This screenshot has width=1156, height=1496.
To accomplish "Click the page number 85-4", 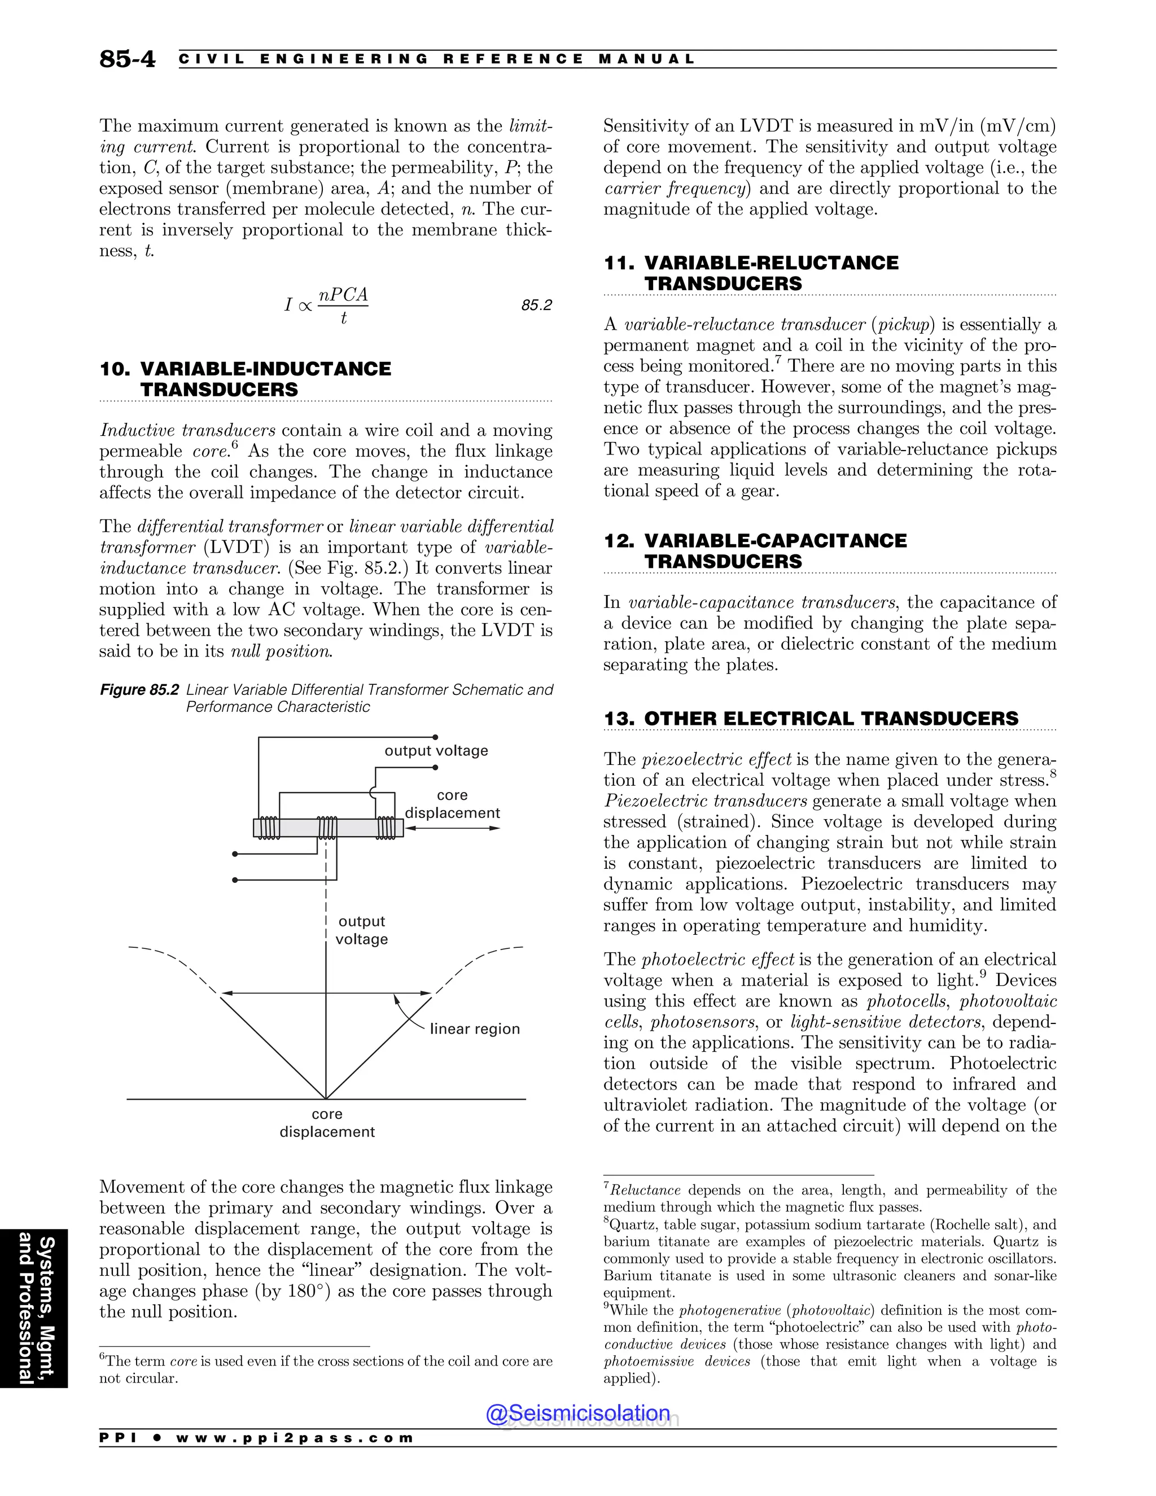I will click(x=128, y=59).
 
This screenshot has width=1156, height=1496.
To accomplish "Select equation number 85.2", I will click(x=536, y=305).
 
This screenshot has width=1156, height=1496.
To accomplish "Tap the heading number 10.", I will click(x=115, y=369).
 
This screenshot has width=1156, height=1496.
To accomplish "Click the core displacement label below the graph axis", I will click(x=327, y=1123).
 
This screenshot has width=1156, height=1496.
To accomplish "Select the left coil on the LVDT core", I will click(x=269, y=828).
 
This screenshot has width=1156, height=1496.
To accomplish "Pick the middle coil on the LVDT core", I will click(x=327, y=828).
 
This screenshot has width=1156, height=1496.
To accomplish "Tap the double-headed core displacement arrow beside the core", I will click(x=452, y=828).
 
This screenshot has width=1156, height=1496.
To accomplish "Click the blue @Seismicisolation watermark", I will click(x=578, y=1413).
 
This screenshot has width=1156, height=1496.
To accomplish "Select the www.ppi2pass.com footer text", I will click(x=295, y=1438).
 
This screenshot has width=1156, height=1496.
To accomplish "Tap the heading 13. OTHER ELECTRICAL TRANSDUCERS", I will click(x=811, y=719).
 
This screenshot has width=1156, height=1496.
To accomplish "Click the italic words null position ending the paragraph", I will click(x=281, y=651).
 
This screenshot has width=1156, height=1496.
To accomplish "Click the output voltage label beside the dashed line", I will click(x=362, y=930).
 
